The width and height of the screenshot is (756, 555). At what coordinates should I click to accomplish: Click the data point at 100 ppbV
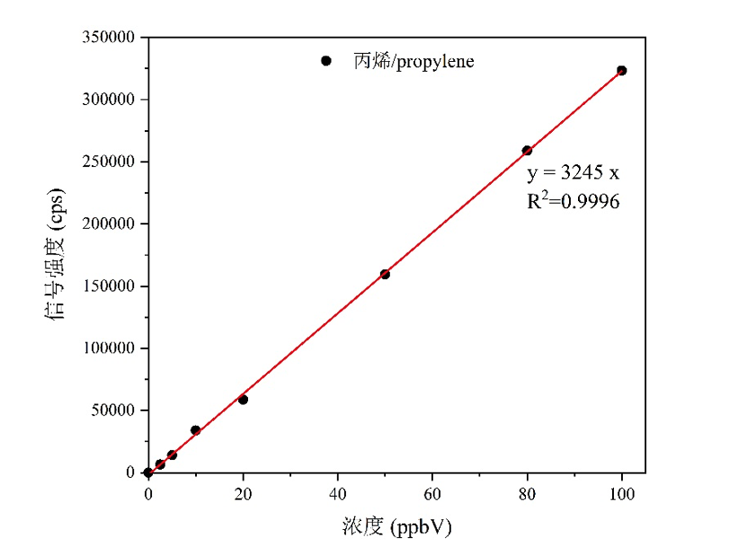point(621,70)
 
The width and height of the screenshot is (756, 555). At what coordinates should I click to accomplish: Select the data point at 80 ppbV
point(527,150)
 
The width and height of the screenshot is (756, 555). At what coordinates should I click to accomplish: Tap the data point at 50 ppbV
point(385,274)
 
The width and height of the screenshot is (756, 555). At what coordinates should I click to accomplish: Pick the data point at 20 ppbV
point(243,399)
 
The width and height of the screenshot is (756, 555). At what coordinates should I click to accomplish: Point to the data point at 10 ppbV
point(195,430)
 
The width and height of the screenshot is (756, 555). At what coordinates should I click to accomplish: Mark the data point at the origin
point(148,472)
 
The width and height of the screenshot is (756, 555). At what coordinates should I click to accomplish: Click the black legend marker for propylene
point(326,61)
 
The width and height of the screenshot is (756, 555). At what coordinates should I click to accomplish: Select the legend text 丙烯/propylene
point(414,62)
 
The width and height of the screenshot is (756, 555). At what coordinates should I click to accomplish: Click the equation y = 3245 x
point(573,173)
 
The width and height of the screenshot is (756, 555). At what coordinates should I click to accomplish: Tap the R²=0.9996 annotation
point(573,201)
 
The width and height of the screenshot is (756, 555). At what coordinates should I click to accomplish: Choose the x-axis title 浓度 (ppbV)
point(396,527)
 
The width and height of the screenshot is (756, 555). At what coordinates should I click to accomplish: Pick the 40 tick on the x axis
point(337,492)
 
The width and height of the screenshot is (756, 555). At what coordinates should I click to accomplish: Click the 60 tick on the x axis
point(432,492)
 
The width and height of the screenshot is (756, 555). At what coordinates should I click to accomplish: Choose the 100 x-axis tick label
point(621,492)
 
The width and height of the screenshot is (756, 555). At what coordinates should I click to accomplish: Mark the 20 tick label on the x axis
point(243,492)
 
